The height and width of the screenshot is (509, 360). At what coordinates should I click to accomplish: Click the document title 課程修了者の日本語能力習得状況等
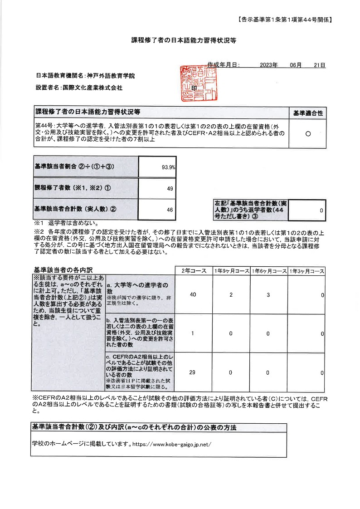pyautogui.click(x=180, y=40)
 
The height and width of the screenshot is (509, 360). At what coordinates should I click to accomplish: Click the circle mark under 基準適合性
pyautogui.click(x=308, y=134)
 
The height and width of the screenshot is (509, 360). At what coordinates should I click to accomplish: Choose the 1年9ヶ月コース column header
pyautogui.click(x=231, y=271)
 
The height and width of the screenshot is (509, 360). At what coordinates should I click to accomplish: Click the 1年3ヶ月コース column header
pyautogui.click(x=306, y=271)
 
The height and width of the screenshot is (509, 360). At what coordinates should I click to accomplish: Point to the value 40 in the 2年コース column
pyautogui.click(x=193, y=295)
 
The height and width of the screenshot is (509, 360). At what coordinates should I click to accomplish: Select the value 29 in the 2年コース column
pyautogui.click(x=193, y=372)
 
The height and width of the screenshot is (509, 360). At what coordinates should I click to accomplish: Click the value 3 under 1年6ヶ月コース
pyautogui.click(x=268, y=295)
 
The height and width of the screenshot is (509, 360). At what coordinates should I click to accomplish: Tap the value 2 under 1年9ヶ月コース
pyautogui.click(x=230, y=295)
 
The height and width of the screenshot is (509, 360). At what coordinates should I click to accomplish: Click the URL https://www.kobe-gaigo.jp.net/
pyautogui.click(x=172, y=444)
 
